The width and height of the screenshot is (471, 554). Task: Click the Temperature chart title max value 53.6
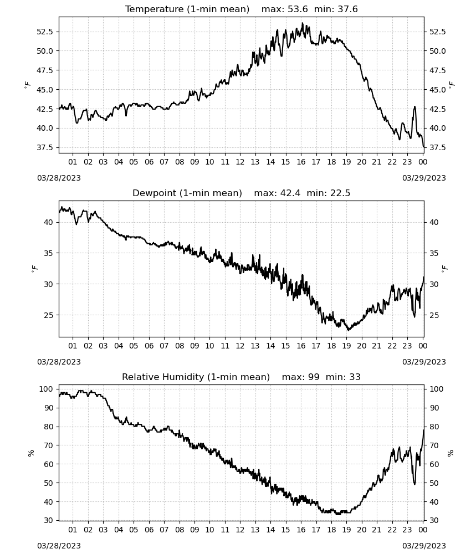click(298, 9)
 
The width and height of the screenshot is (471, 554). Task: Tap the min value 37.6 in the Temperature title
click(347, 9)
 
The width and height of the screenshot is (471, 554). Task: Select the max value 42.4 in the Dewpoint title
click(290, 193)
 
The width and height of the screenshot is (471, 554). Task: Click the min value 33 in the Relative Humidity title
click(355, 377)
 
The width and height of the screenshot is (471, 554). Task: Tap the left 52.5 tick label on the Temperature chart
click(45, 32)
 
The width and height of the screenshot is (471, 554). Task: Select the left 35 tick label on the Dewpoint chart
click(48, 253)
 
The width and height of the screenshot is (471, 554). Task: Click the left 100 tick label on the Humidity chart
click(47, 389)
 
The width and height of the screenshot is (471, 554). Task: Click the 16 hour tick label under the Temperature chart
click(301, 162)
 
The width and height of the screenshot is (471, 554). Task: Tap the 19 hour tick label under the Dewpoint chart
click(347, 346)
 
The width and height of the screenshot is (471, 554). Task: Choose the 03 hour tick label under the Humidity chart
click(103, 530)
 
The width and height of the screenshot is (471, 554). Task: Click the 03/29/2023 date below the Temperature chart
click(424, 178)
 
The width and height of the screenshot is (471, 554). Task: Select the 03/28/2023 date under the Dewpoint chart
click(59, 362)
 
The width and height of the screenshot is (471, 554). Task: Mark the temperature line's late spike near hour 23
click(414, 107)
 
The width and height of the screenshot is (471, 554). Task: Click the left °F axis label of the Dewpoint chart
click(34, 269)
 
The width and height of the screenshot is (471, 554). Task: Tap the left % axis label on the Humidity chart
click(31, 453)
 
